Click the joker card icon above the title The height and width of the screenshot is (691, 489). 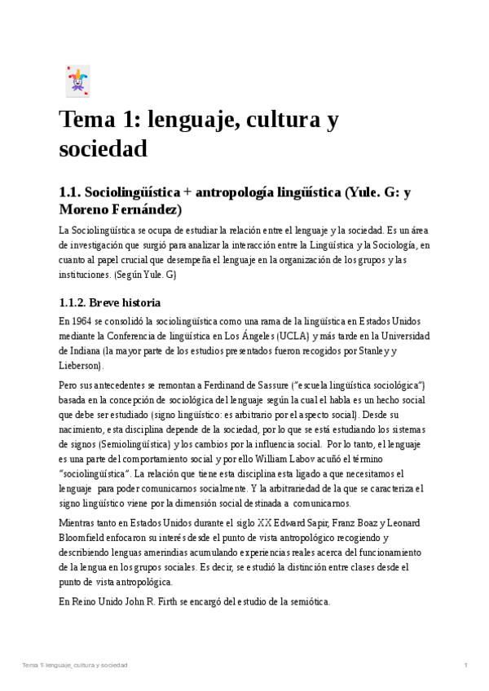click(77, 81)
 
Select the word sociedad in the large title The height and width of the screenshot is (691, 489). click(103, 149)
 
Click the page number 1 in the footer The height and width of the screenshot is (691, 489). click(465, 666)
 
